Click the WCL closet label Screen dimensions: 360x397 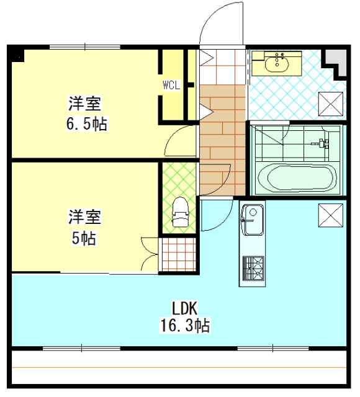tap(171, 85)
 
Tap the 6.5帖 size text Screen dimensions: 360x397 tap(87, 123)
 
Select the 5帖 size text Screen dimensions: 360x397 tap(84, 238)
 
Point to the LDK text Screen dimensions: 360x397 tap(185, 308)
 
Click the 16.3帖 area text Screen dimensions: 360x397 tap(185, 325)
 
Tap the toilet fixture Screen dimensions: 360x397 tap(180, 212)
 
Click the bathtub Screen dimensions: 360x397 tap(297, 179)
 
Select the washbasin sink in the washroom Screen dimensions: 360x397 tap(277, 63)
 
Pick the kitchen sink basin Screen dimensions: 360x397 tap(253, 220)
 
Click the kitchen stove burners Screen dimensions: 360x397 tap(253, 269)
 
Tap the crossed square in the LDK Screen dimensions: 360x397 tap(331, 215)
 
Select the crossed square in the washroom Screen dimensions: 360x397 tap(331, 104)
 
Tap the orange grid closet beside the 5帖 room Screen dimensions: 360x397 tap(179, 254)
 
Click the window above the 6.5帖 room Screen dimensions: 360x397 tap(84, 47)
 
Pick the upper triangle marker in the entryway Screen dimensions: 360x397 tap(207, 58)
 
